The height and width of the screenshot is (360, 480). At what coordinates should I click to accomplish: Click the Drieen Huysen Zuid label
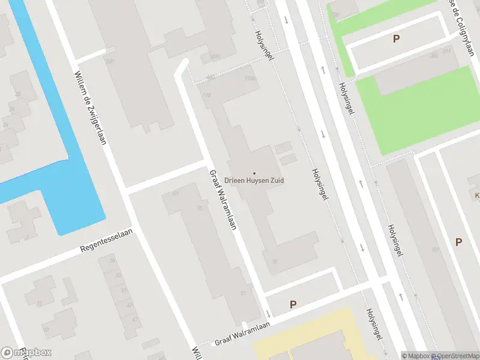pos(254,180)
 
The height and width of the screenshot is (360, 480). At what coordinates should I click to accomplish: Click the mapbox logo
pos(26,352)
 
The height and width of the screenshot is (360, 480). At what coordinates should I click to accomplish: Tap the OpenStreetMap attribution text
pos(454,356)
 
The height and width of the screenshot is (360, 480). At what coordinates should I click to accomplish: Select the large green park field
pos(420,108)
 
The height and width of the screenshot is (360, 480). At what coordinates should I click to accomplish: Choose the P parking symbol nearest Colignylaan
pos(396,39)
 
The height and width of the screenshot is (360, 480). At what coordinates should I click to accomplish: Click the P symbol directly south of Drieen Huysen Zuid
pos(293,304)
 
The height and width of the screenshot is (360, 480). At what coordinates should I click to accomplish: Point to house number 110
pos(207,95)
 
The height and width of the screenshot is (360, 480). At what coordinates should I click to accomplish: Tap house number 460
pos(210,77)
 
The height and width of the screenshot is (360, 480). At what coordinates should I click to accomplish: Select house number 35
pos(200,208)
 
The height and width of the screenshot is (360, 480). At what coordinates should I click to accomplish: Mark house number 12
pos(40,304)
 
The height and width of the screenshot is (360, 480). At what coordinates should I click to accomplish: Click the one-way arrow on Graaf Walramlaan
pos(268,314)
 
